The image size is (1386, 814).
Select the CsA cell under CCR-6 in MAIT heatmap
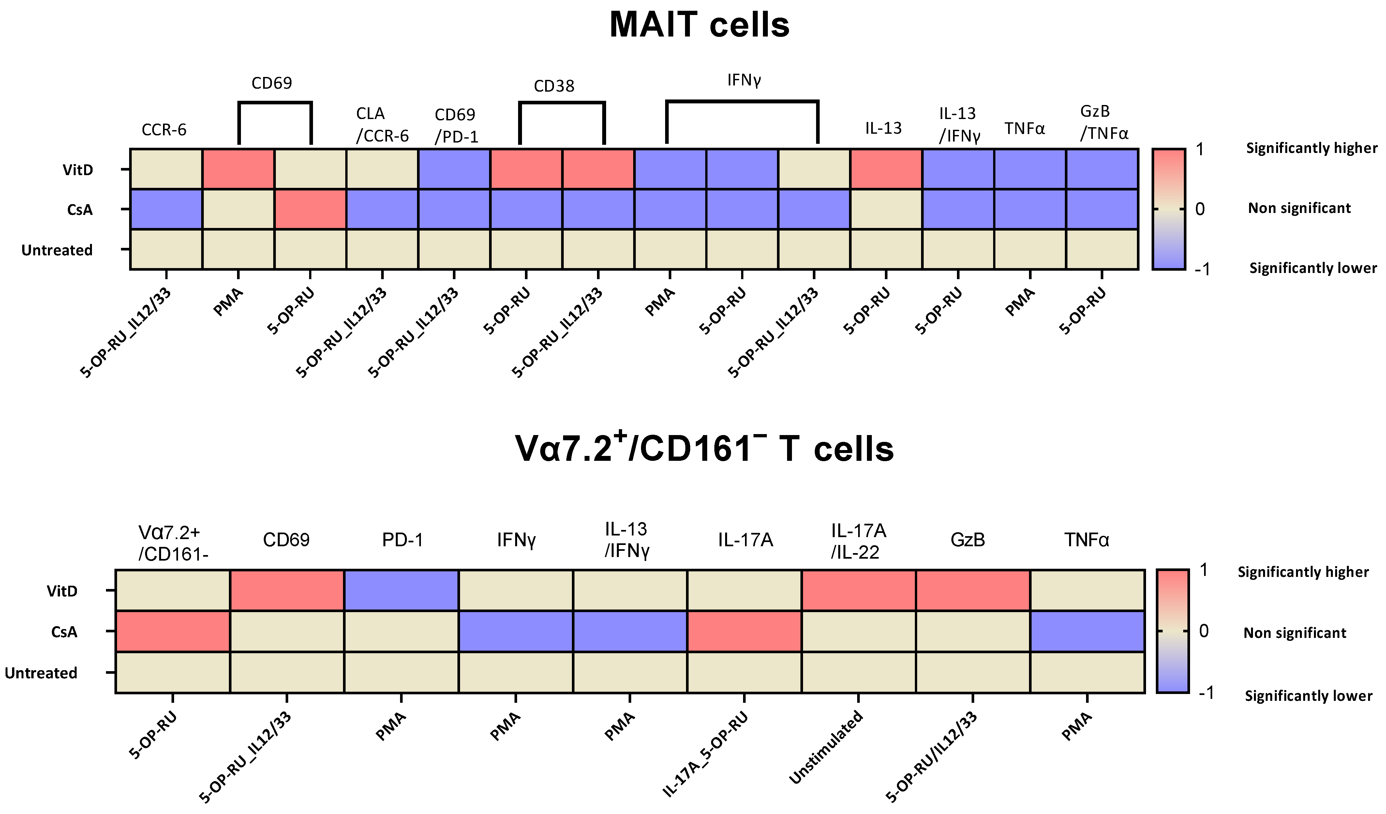(166, 209)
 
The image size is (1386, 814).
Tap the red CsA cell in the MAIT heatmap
(310, 209)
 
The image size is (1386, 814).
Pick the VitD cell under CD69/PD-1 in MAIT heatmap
(454, 169)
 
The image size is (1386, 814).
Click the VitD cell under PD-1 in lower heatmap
(401, 590)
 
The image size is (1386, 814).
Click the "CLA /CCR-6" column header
(382, 125)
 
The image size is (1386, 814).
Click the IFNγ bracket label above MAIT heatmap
(744, 80)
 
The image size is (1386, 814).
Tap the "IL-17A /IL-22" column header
(858, 541)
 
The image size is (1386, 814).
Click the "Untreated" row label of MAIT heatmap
(57, 250)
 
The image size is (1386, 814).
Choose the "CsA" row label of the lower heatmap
(64, 632)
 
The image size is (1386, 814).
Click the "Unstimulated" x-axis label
(826, 747)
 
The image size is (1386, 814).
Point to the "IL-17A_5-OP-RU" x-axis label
(706, 753)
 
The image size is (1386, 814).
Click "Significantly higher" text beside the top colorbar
(1311, 148)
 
